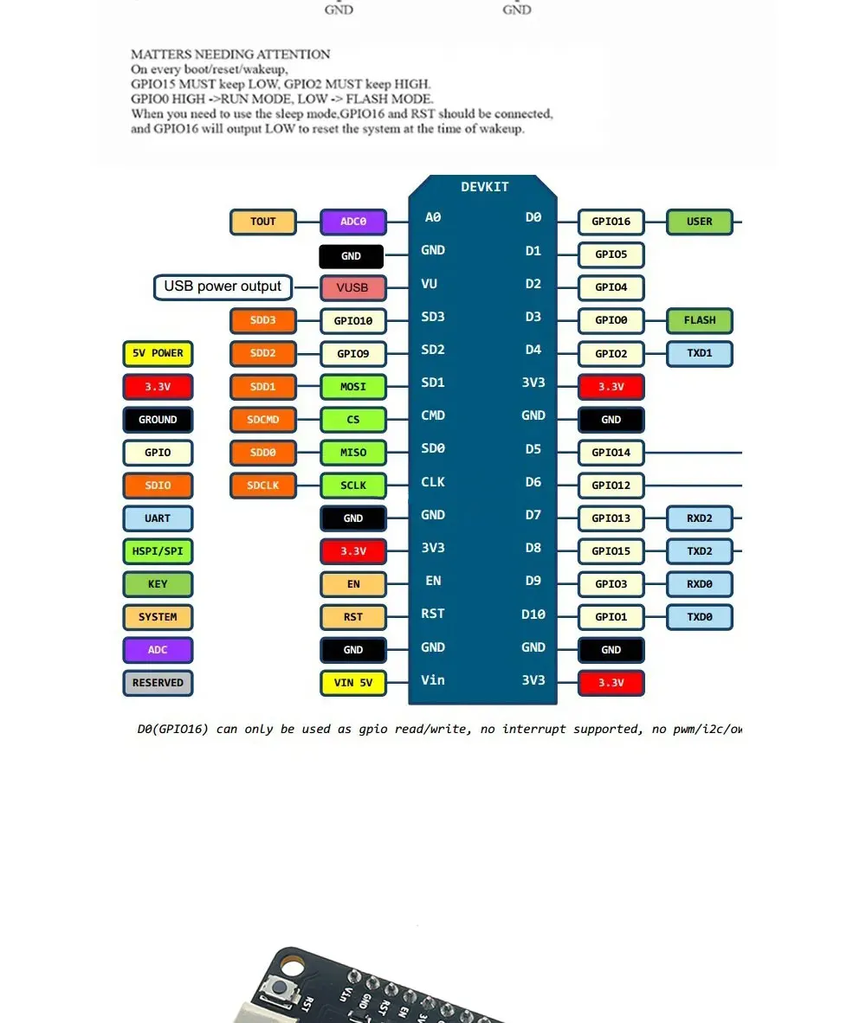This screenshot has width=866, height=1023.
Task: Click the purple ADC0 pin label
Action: pos(352,222)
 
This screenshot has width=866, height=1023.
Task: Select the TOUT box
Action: pos(263,222)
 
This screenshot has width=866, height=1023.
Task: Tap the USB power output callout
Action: pos(223,286)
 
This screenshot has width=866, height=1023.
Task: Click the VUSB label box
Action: pos(352,288)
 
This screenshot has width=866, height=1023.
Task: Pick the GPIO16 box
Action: pos(611,222)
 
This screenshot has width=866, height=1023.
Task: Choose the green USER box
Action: pos(699,222)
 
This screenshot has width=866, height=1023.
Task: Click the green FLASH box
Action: pos(699,320)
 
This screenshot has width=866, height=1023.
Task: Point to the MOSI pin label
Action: pos(352,386)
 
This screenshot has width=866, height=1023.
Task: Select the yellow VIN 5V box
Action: pos(352,683)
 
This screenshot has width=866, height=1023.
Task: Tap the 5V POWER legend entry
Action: pos(158,353)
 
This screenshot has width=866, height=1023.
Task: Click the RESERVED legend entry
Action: pos(158,683)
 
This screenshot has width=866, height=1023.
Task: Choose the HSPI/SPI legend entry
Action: pos(158,551)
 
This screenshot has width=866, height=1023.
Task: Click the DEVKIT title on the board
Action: pos(484,187)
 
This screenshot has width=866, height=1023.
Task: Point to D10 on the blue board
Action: pos(533,614)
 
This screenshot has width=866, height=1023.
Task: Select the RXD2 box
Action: pos(699,518)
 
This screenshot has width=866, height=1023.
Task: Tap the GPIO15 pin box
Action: pos(611,551)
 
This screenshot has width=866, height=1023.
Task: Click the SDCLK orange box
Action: pos(263,486)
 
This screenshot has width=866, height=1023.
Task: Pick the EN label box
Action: pos(352,584)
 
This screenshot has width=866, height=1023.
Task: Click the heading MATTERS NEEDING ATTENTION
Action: pos(230,55)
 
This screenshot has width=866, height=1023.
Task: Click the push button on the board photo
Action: pos(281,988)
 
